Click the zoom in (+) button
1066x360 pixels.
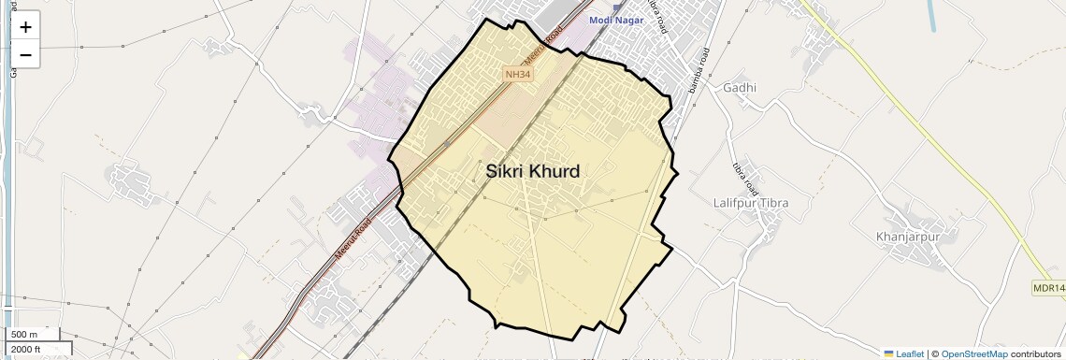click(25, 27)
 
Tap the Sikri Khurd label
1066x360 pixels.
click(533, 171)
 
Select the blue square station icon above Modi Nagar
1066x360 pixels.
click(617, 7)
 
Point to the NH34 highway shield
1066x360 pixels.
click(516, 74)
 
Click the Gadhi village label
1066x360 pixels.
click(739, 88)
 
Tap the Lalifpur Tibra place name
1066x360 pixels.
click(751, 203)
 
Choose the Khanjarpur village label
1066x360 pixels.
click(907, 237)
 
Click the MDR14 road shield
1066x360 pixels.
click(1049, 286)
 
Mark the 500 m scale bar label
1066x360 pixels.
click(24, 335)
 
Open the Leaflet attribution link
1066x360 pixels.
click(910, 353)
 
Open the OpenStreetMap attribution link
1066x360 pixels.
click(973, 353)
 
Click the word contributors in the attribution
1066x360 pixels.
click(1036, 353)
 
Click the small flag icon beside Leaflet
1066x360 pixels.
click(889, 353)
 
